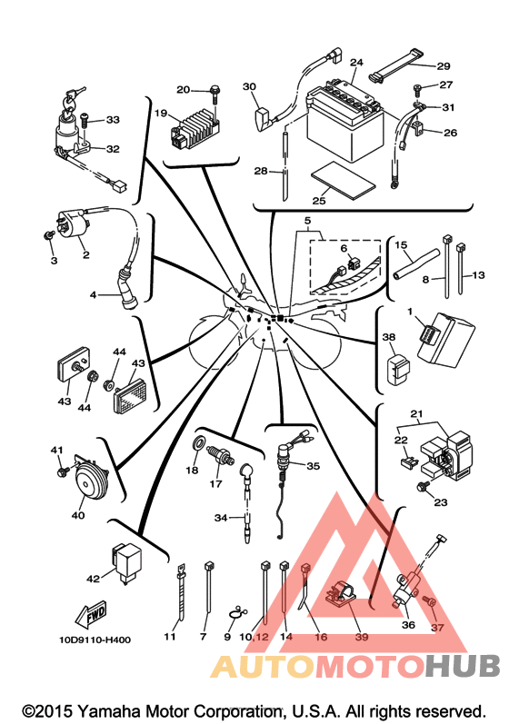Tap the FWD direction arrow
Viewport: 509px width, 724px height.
pos(92,616)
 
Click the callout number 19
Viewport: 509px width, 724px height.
pos(160,114)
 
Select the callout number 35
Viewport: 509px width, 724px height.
pos(314,466)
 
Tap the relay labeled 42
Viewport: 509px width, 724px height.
pos(126,562)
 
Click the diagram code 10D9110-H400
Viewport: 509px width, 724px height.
pos(95,640)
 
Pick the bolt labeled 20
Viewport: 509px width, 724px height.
pos(215,94)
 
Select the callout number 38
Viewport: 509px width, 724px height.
pos(389,337)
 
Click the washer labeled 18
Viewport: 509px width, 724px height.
pos(198,442)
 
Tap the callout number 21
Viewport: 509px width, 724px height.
pos(416,413)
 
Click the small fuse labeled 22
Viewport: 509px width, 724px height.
pos(405,461)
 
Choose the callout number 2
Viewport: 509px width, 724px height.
pos(86,254)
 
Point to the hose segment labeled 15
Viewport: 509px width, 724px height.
pos(416,264)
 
